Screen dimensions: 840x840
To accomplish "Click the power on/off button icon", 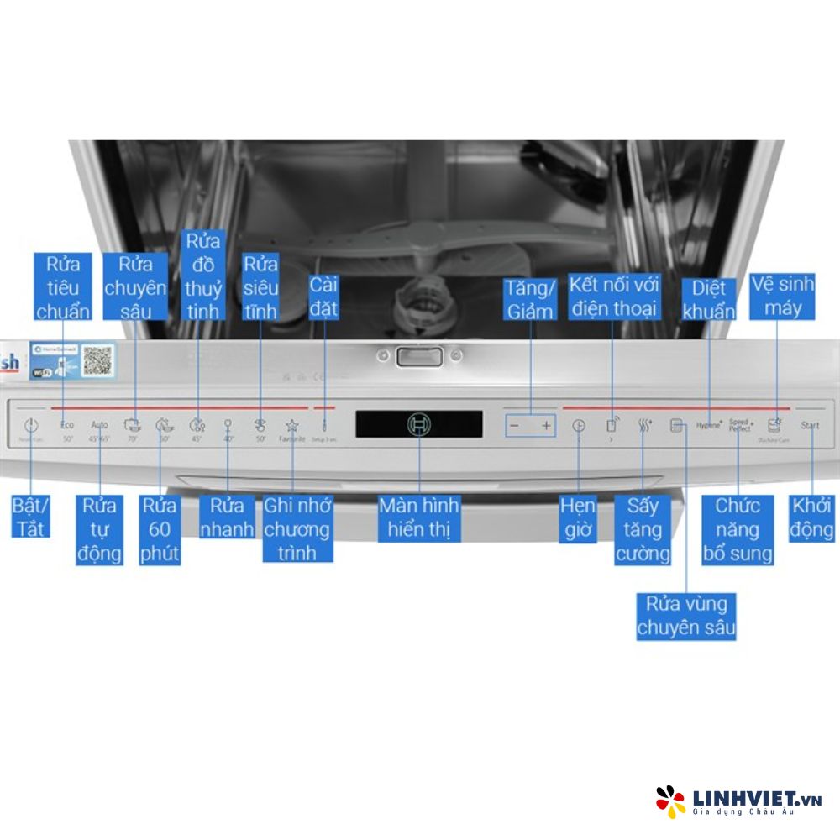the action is (x=31, y=425).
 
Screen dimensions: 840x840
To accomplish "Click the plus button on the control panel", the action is (x=547, y=426).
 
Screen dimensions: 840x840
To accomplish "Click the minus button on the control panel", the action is (x=515, y=426).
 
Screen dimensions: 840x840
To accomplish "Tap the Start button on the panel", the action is (x=810, y=425).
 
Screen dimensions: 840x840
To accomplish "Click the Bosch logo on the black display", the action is (x=418, y=424).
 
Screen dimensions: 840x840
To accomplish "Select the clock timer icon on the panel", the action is (x=579, y=426).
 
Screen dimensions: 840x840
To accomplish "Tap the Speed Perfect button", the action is (x=740, y=425).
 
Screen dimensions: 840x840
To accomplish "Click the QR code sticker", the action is (x=97, y=358).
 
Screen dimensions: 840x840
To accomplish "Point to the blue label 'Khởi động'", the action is (x=812, y=517).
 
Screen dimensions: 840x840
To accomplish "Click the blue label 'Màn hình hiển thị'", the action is (x=418, y=517).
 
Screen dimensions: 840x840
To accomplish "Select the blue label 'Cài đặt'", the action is (x=323, y=296).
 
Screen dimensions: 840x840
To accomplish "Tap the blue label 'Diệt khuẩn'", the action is (x=708, y=300).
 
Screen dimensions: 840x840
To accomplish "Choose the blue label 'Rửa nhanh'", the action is (x=227, y=517).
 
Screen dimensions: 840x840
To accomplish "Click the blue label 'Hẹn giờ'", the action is (x=579, y=517).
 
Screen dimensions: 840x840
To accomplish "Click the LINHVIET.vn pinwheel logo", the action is (x=670, y=801).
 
